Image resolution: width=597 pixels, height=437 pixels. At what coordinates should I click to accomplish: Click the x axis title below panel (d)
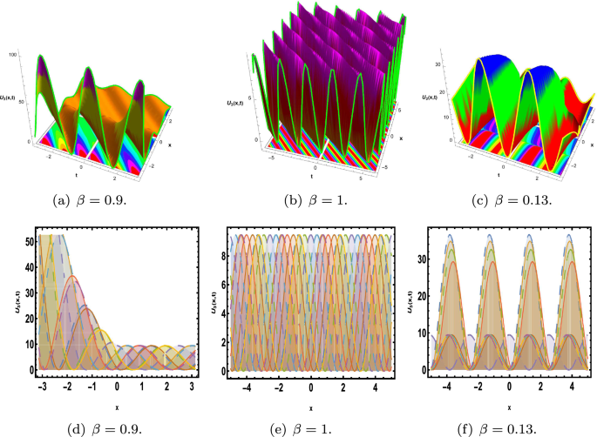point(117,403)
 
